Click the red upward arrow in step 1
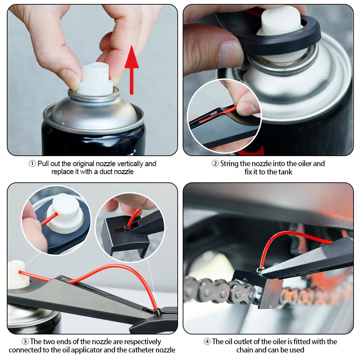point(132,70)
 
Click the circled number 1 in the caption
point(32,164)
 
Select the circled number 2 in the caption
point(215,164)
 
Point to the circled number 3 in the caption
point(25,342)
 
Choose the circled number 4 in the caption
point(207,342)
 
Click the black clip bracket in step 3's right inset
point(124,237)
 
